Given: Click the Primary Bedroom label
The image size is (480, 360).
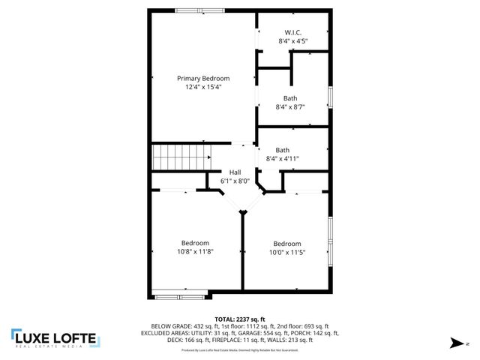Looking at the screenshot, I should pos(203,78).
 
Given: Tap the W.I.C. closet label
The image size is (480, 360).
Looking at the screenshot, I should pos(293,33).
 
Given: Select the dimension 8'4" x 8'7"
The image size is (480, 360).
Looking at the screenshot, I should pos(289,107).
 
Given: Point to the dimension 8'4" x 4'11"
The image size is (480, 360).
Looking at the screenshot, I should pos(283,158).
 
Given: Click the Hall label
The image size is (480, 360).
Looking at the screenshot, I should pos(235,172).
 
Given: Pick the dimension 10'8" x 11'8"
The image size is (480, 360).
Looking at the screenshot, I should pos(195,251).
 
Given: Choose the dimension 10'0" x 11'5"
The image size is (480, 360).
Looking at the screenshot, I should pos(287,252).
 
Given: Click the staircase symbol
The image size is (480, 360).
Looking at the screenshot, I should pos(180,158).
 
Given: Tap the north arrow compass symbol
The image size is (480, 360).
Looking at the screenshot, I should pos(455,343).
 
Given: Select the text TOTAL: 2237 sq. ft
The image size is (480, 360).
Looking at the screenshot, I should pos(240,319).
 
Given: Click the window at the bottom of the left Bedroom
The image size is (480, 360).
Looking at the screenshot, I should pos(179,293).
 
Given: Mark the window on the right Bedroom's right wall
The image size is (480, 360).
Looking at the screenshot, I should pos(329,240).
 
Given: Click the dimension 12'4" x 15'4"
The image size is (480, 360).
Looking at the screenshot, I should pos(203,87).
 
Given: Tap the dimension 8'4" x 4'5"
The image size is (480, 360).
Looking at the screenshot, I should pos(293,42).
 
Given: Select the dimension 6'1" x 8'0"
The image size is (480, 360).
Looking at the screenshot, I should pos(235,181).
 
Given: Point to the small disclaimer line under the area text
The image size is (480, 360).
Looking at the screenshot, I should pos(240,350).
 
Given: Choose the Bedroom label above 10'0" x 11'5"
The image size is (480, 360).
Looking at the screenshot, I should pos(287,243).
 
